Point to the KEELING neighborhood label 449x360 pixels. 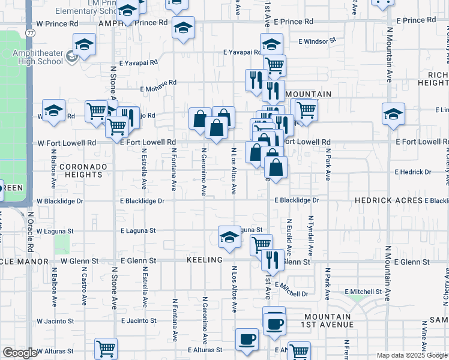(205, 260)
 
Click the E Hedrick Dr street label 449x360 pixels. (413, 172)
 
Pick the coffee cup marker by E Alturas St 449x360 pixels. (247, 340)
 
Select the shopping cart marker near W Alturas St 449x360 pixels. (106, 348)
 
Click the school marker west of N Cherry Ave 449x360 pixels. (393, 114)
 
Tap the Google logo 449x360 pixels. (20, 353)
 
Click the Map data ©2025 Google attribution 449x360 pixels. (412, 355)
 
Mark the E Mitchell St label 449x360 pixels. (366, 292)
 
